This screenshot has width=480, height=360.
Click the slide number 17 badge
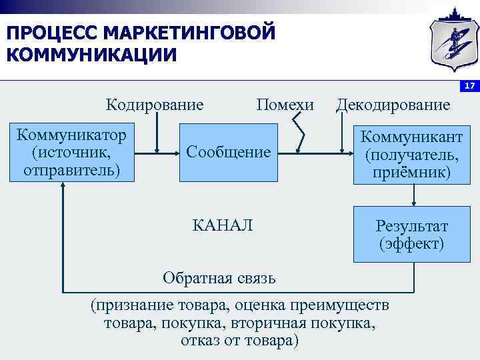click(469, 87)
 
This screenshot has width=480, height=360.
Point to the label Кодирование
click(155, 105)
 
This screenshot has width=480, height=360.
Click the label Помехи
click(285, 105)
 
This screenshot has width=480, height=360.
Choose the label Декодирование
click(393, 105)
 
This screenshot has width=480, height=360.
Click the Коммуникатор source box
click(73, 153)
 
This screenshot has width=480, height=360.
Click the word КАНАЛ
click(223, 225)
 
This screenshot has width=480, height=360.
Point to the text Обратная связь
click(219, 277)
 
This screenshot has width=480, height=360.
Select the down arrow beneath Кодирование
click(155, 133)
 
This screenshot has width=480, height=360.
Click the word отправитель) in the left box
click(72, 170)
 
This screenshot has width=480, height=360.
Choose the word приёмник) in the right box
click(412, 173)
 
